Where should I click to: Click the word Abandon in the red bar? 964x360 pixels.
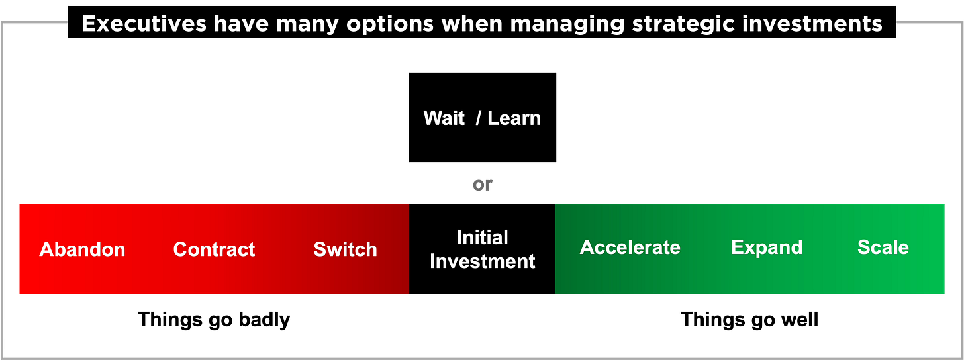(82, 249)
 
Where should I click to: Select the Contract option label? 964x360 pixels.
(214, 249)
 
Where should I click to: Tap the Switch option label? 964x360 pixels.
(345, 249)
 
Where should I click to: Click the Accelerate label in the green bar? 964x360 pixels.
(630, 247)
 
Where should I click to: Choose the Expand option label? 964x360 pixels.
(767, 248)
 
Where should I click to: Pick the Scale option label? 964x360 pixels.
(883, 247)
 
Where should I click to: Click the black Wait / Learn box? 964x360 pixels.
(483, 117)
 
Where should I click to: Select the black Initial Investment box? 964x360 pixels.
(482, 249)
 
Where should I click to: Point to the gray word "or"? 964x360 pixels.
(483, 185)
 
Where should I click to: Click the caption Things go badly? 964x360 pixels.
(214, 320)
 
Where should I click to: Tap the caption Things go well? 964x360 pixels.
(749, 320)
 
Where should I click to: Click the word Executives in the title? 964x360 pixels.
(144, 24)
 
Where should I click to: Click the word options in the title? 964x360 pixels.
(390, 24)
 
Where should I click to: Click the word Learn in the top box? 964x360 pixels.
(514, 118)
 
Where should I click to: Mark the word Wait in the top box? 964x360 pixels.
(444, 118)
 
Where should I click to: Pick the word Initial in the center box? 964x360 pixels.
(483, 238)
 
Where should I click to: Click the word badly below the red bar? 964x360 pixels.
(264, 320)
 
